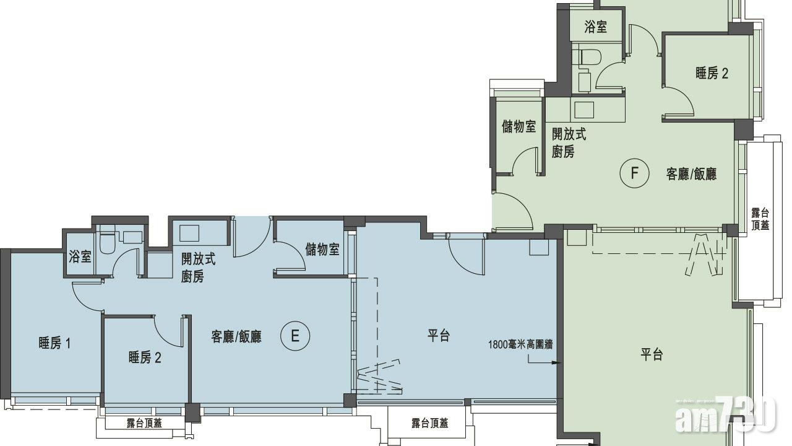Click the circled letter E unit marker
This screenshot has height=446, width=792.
(x=295, y=336)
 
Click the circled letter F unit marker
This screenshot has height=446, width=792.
(x=635, y=173)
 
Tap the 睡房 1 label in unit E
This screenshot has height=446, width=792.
(x=54, y=343)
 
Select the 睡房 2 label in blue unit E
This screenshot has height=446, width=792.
(x=145, y=357)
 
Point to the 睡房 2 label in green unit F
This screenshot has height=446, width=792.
(x=712, y=73)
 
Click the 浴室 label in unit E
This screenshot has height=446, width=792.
(x=80, y=256)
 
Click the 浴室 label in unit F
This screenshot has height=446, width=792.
(x=596, y=27)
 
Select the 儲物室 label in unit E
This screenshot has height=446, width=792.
(x=322, y=250)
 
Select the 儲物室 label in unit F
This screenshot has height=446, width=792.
(x=519, y=126)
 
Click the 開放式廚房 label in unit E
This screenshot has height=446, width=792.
(x=198, y=268)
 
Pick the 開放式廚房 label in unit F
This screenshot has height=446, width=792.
(x=569, y=142)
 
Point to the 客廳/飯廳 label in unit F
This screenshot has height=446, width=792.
(x=691, y=174)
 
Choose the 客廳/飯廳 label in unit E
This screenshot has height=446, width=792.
(x=236, y=336)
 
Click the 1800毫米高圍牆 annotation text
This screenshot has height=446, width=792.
(x=520, y=344)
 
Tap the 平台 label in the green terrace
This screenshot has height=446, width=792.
(x=652, y=354)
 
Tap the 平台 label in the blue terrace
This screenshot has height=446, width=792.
(x=439, y=335)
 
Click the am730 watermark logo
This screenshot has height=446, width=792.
(x=725, y=415)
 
